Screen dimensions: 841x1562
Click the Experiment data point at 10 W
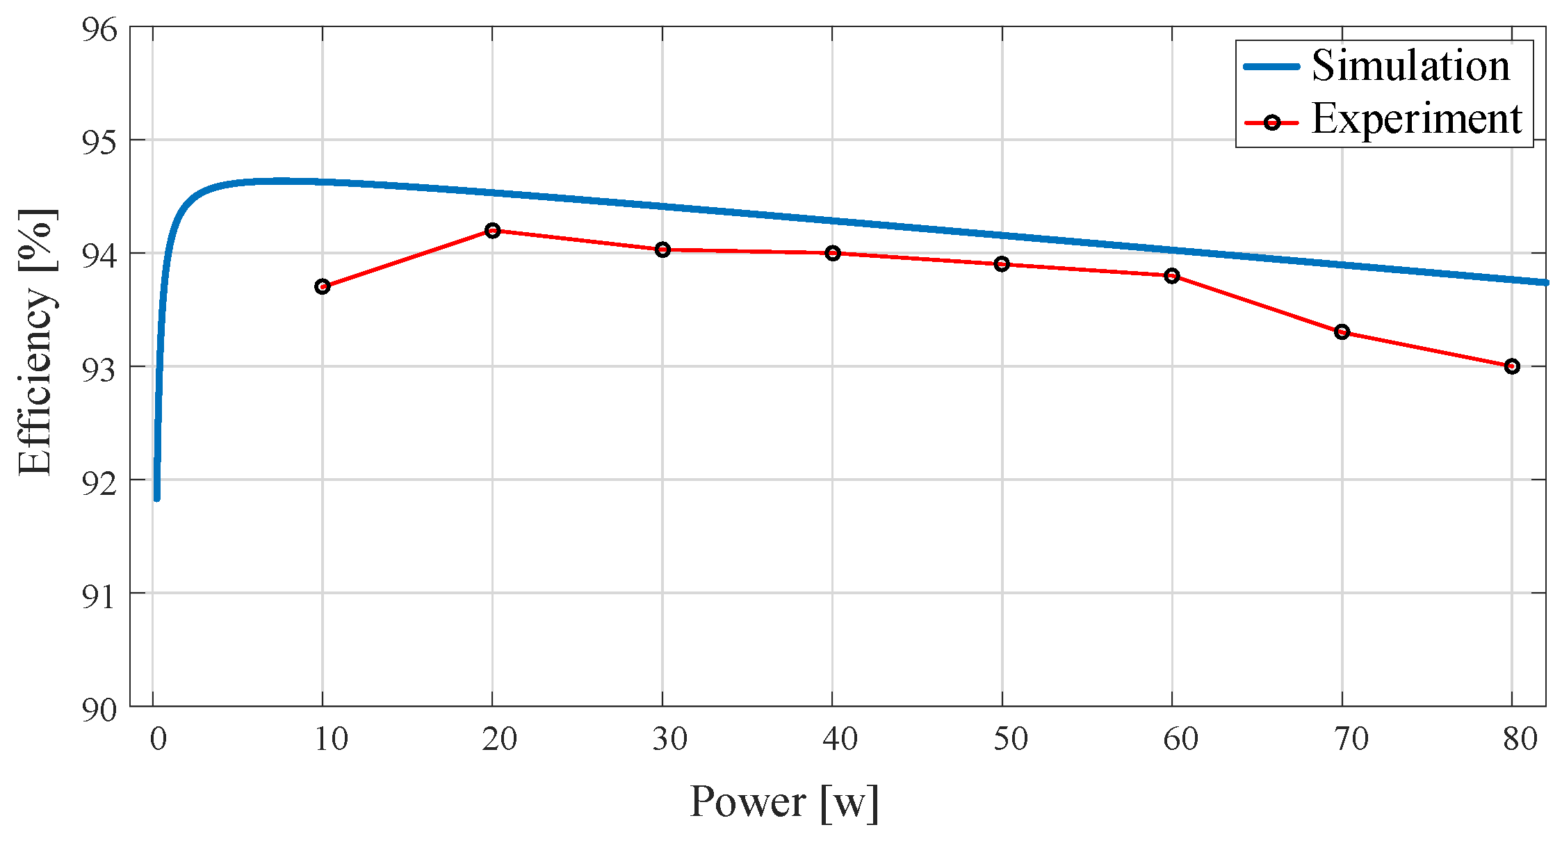[322, 287]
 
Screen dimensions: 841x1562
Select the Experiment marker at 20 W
[492, 230]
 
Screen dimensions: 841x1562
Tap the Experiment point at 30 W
[662, 250]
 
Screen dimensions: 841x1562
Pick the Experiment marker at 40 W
[833, 253]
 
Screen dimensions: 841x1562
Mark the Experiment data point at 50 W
[1002, 264]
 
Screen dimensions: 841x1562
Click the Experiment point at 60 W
[1172, 276]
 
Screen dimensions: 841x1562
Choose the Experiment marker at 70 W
[1342, 332]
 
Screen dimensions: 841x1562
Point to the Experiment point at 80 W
[1512, 366]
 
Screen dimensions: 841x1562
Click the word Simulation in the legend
[1410, 66]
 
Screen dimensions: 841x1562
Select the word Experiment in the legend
[1417, 120]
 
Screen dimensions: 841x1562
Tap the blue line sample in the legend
[1271, 67]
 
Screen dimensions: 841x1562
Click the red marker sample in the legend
[1271, 123]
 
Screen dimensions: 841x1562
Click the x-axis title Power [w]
[784, 803]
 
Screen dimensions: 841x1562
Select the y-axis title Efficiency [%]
[36, 342]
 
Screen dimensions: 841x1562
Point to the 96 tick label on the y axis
[99, 29]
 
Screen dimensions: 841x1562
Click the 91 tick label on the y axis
[99, 596]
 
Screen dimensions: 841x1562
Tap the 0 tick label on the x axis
[158, 740]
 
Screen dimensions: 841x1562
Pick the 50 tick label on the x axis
[1010, 740]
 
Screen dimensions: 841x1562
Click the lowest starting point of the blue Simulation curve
[156, 498]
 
